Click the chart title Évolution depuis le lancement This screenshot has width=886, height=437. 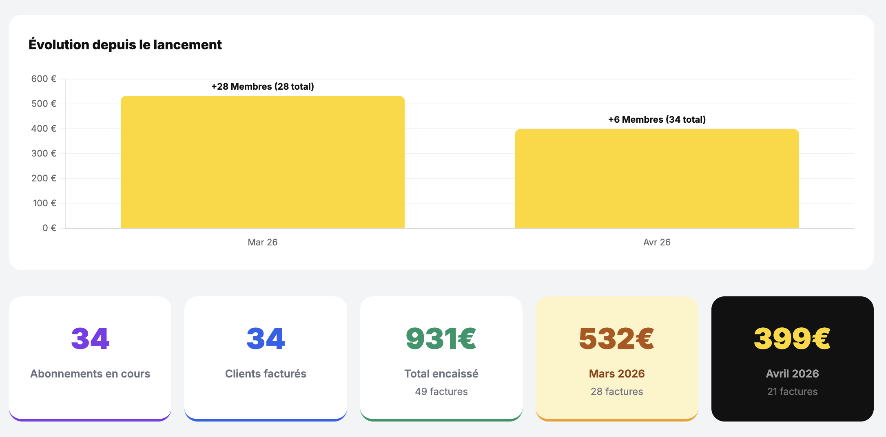tap(125, 44)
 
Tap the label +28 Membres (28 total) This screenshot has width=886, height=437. tap(262, 86)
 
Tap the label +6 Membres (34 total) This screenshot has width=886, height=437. tap(656, 119)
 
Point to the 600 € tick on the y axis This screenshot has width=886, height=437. tap(44, 79)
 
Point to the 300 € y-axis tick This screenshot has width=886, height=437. tap(44, 153)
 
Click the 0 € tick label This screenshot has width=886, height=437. tap(49, 228)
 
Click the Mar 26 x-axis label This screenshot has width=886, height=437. tap(262, 242)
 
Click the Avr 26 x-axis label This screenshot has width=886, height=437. tap(656, 242)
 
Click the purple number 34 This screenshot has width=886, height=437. tap(90, 338)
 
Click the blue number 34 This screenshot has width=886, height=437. tap(266, 338)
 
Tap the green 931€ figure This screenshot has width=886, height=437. tap(441, 338)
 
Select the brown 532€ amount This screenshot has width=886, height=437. tap(616, 338)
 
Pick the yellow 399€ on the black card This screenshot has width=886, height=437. tap(792, 338)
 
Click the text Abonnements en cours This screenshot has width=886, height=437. tap(90, 373)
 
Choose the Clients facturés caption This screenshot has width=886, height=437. tap(266, 373)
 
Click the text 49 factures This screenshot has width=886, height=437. tap(441, 391)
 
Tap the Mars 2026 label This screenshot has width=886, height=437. tap(616, 373)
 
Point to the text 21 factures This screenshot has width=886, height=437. tap(792, 391)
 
